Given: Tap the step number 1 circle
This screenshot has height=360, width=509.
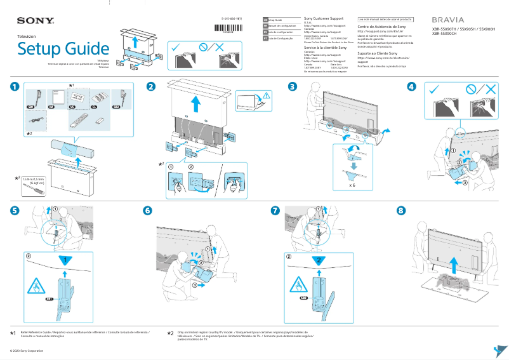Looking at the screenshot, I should click(14, 87).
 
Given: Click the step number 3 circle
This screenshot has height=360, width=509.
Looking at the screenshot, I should click(292, 87).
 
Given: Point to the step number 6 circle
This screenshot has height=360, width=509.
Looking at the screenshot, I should click(148, 210).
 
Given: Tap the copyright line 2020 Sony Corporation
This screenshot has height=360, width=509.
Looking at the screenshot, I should click(26, 350).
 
